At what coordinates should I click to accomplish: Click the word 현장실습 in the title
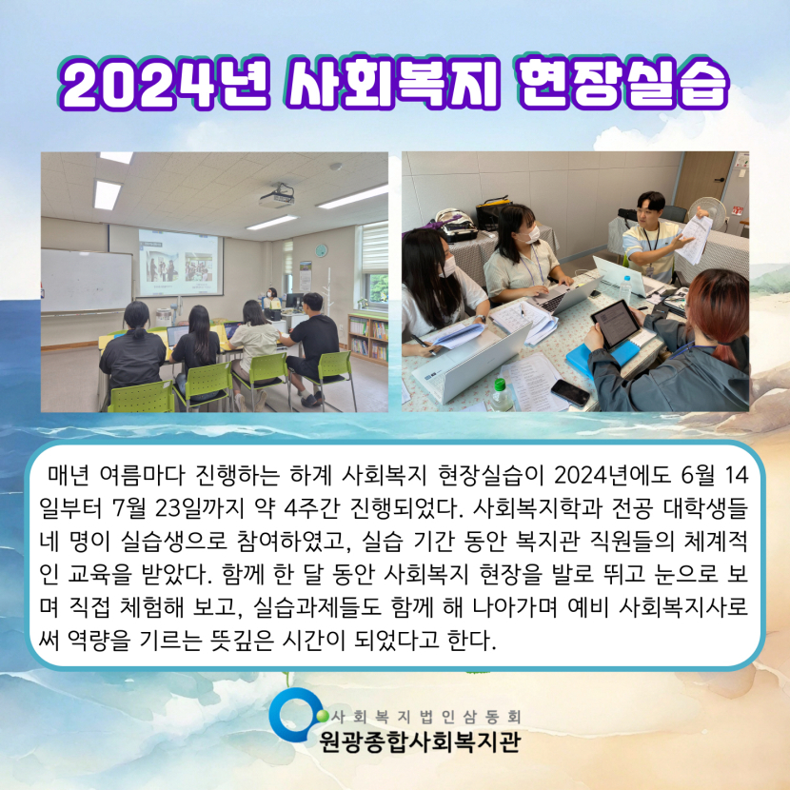tap(623, 84)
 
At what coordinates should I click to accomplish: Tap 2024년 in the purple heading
tap(165, 84)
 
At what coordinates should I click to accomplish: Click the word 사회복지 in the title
tap(392, 84)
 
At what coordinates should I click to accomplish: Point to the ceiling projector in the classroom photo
tap(277, 195)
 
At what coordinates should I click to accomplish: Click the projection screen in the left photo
tap(180, 263)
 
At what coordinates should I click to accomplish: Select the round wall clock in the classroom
tap(321, 250)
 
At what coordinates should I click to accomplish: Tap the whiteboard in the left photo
tap(87, 281)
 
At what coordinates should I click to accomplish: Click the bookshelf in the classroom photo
tap(367, 337)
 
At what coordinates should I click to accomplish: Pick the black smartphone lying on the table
tap(570, 392)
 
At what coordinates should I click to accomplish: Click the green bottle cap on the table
tap(499, 384)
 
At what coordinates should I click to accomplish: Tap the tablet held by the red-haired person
tap(615, 324)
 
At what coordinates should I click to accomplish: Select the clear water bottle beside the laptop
tap(625, 289)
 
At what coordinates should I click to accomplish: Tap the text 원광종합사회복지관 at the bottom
tap(420, 741)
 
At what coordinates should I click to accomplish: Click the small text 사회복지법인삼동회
tap(425, 716)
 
